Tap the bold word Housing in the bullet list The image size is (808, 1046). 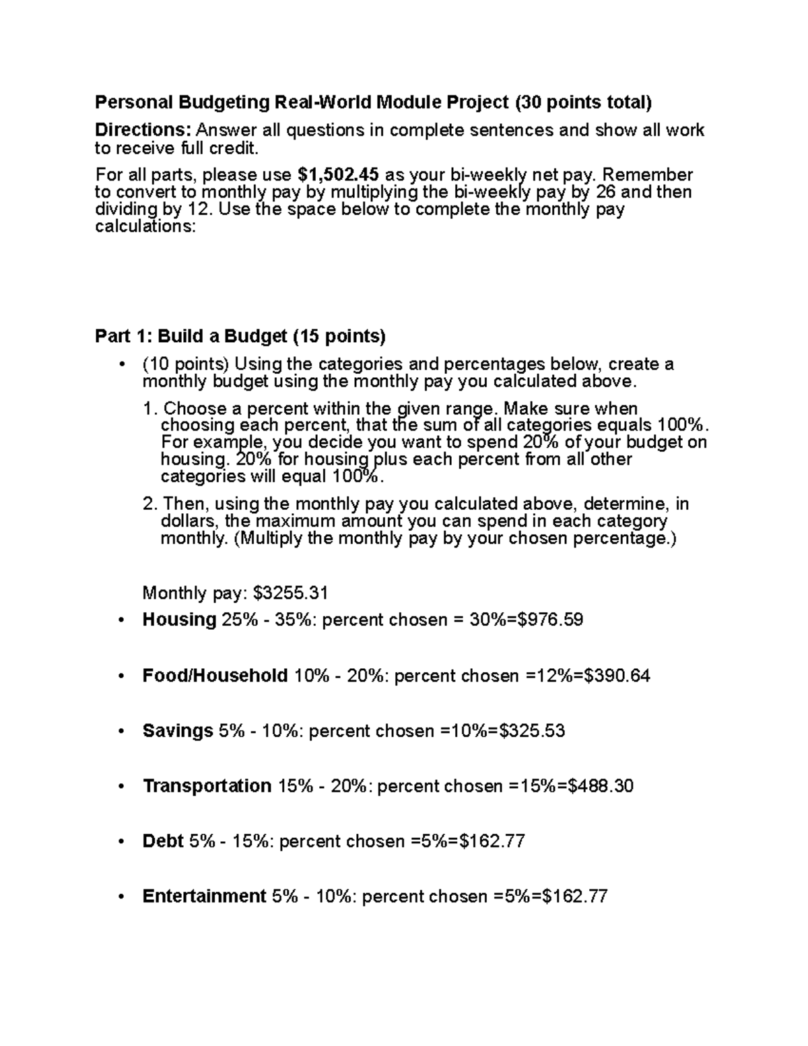coord(179,620)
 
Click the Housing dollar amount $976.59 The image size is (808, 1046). coord(549,620)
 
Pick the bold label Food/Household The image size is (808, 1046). coord(215,676)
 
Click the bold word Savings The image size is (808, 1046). coord(178,731)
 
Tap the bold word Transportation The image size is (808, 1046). coord(207,786)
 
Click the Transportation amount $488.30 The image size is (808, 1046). coord(601,786)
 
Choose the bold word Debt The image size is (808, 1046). coord(163,841)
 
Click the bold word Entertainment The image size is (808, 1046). coord(204,896)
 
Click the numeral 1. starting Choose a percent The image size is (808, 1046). coord(149,409)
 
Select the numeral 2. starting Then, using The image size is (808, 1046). coord(149,504)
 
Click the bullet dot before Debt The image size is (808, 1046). coord(121,842)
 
